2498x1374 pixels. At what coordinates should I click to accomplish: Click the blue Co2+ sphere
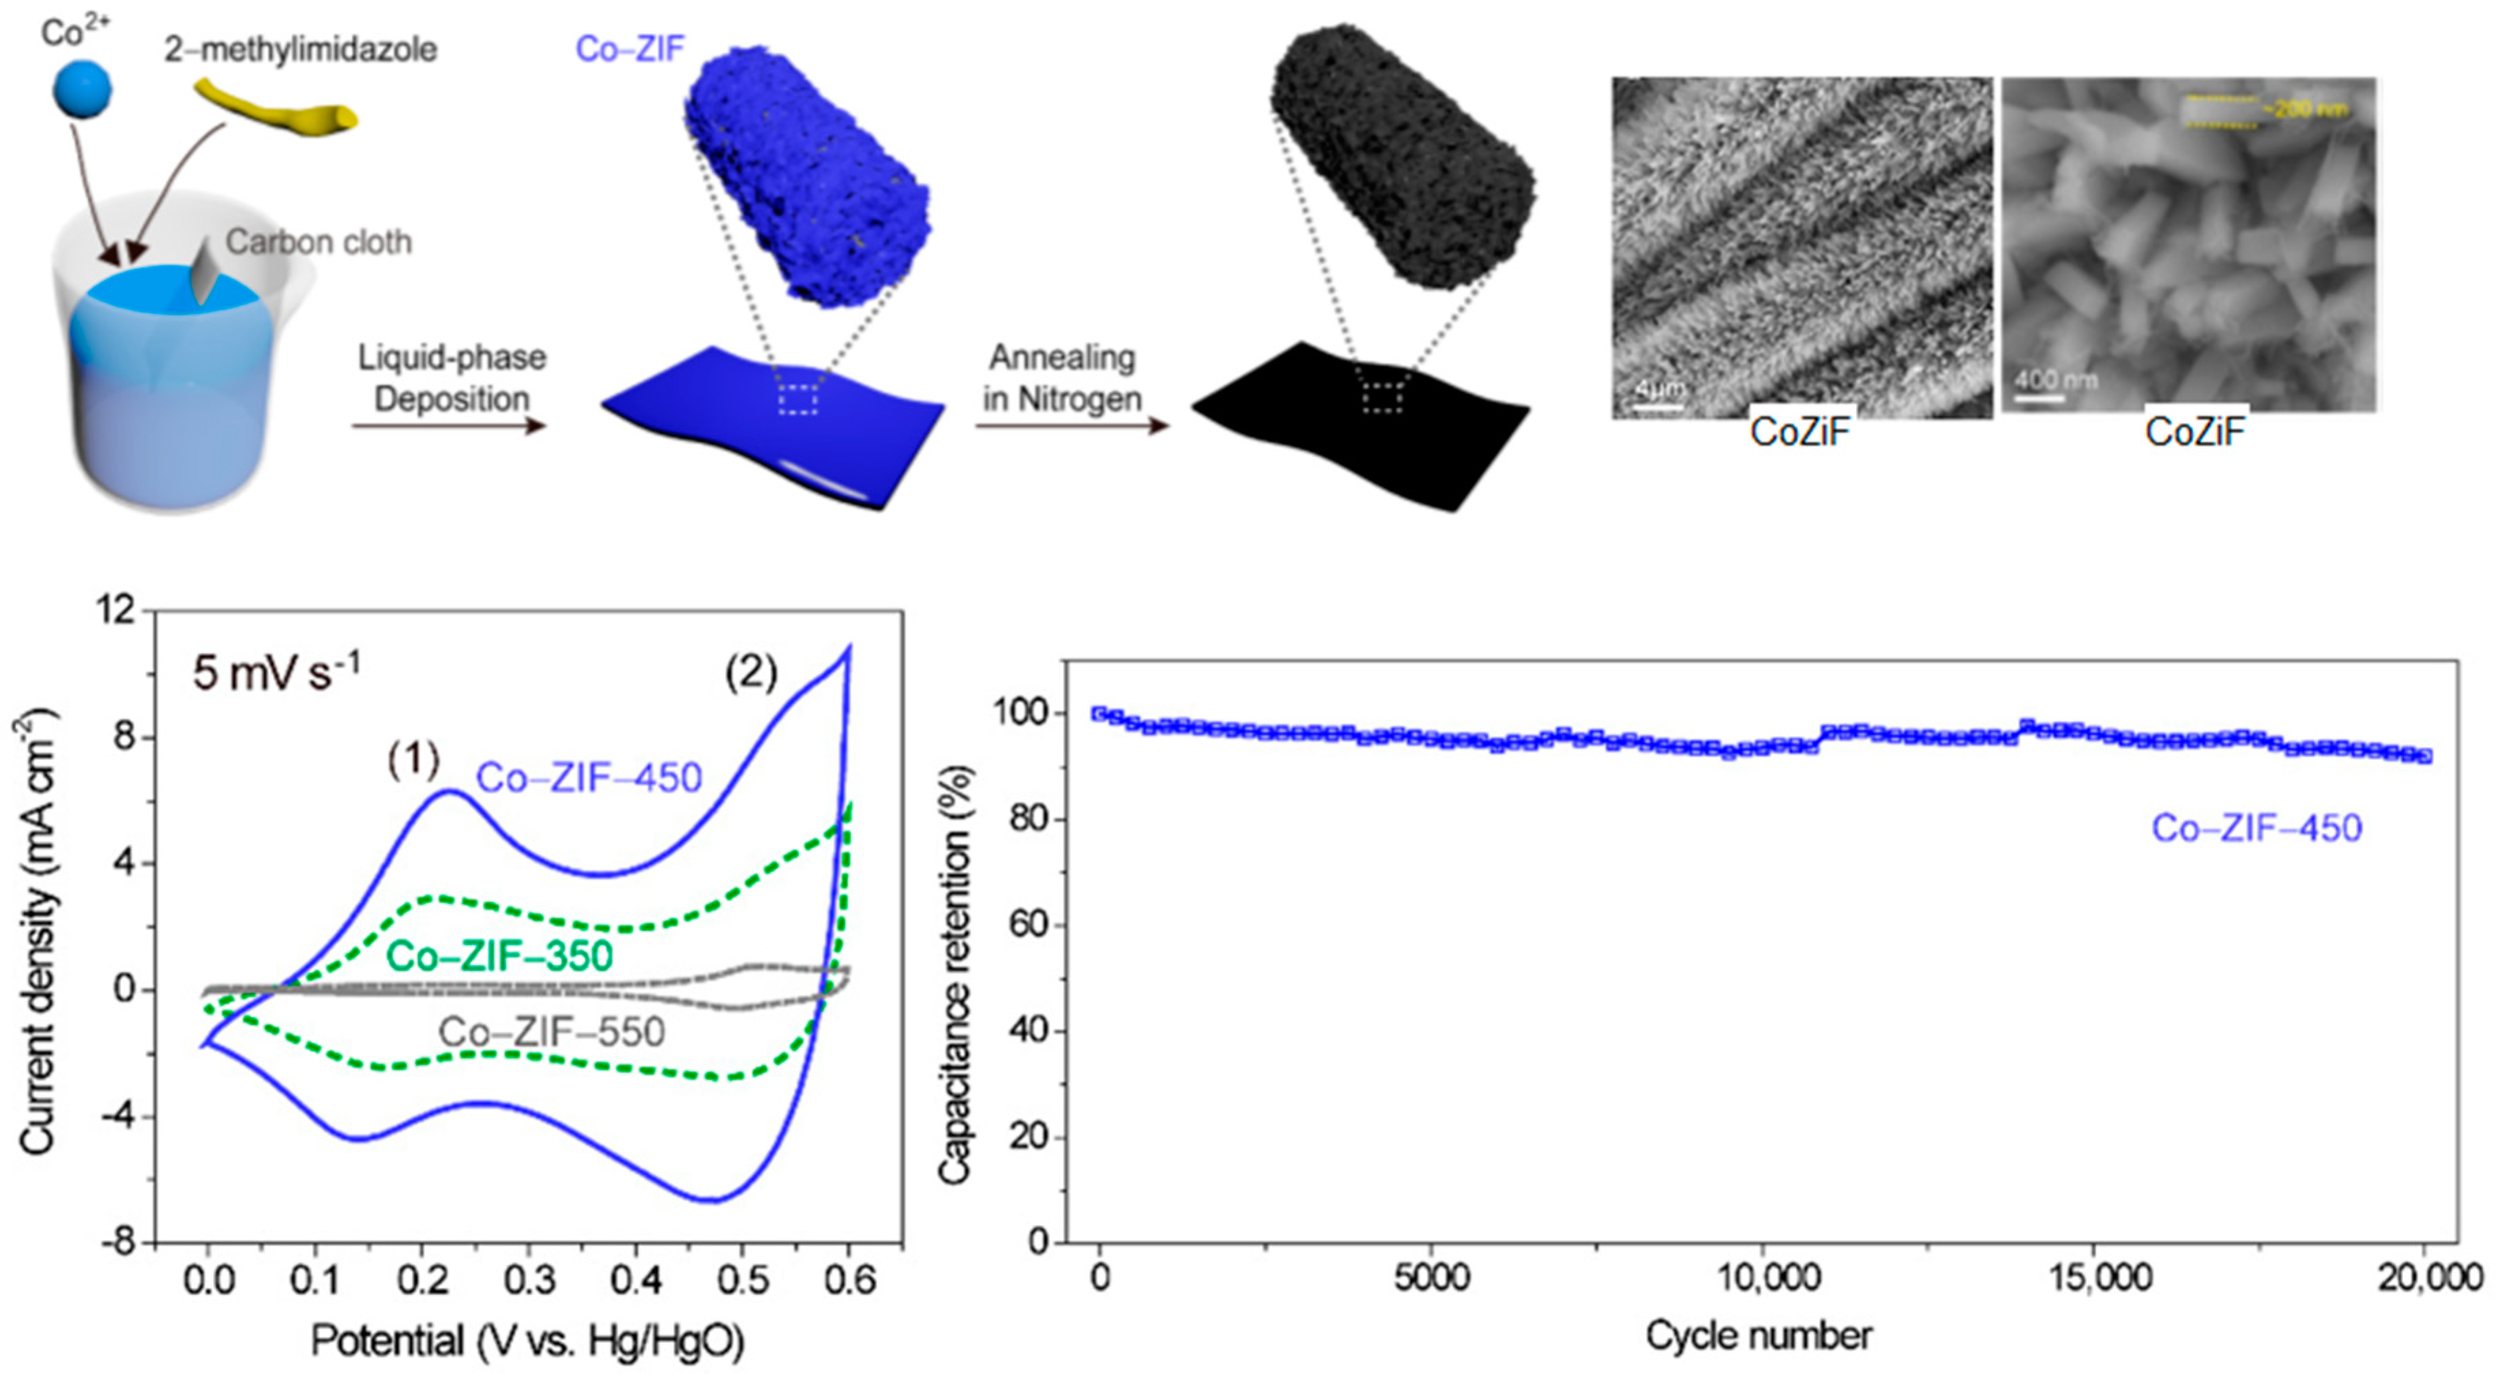tap(82, 89)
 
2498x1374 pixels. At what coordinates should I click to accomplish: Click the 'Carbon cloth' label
tap(319, 242)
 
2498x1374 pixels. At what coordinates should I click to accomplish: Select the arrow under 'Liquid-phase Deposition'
tap(449, 425)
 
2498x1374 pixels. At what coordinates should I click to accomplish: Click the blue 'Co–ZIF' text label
tap(631, 48)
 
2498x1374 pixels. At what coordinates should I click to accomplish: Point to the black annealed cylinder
tap(1402, 155)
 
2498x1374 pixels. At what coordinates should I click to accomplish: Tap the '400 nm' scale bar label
tap(2055, 379)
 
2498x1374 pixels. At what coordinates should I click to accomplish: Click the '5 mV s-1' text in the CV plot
tap(276, 672)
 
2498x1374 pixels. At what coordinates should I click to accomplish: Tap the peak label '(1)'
tap(414, 758)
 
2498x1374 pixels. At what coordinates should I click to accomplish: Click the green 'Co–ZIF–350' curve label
tap(499, 956)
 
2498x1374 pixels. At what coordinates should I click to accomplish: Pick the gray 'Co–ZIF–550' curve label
tap(552, 1032)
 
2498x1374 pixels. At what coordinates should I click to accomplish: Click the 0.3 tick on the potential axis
tap(528, 1281)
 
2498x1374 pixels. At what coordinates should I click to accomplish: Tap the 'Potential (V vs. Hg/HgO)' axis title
tap(528, 1341)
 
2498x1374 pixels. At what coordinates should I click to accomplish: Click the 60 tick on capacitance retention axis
tap(1027, 924)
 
